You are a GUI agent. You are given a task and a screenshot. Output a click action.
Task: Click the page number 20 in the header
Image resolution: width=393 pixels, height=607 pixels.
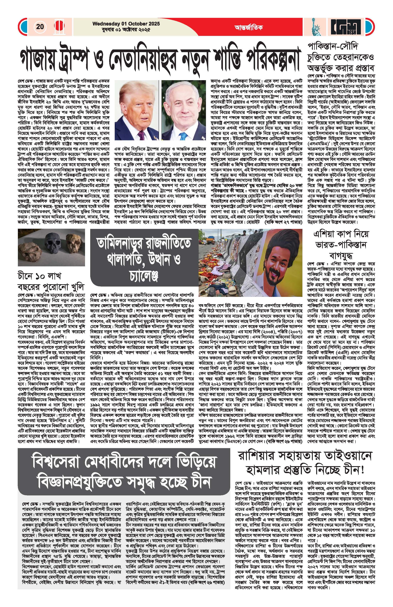(x=40, y=27)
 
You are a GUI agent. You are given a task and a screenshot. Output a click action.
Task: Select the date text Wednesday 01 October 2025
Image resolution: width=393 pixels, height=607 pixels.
(x=126, y=24)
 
